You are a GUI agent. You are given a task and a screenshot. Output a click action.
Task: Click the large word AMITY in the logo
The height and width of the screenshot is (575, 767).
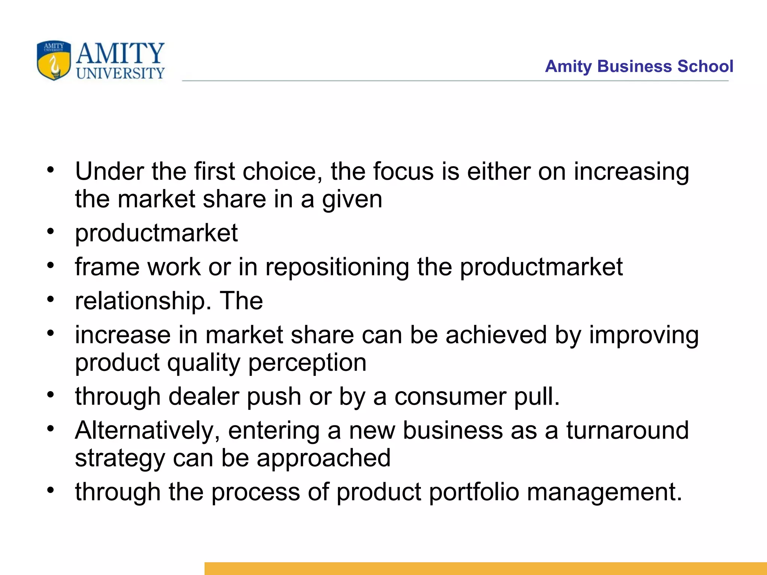click(120, 53)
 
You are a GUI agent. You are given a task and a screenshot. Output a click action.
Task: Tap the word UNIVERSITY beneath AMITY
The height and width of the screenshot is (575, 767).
click(120, 73)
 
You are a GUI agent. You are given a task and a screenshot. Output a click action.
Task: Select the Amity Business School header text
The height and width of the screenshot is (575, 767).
click(639, 66)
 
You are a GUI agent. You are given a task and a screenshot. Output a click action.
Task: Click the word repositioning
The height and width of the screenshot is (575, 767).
click(337, 268)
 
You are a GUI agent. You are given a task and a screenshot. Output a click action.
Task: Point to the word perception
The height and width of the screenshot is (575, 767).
click(307, 363)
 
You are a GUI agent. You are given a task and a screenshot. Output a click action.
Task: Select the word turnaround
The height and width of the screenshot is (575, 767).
click(627, 431)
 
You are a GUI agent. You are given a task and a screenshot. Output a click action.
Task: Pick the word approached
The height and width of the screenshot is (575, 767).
click(324, 458)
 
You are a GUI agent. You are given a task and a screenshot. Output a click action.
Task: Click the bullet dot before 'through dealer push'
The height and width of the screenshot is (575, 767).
click(51, 394)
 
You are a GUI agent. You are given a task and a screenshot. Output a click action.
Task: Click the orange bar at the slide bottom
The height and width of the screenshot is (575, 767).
click(485, 568)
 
